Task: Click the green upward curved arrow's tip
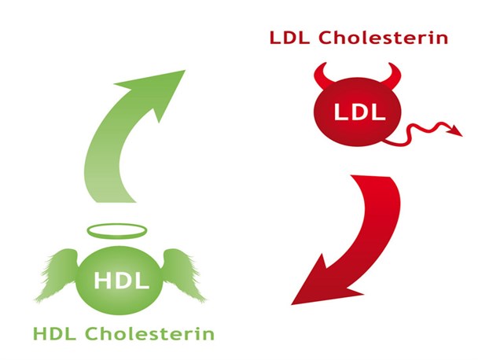tap(185, 71)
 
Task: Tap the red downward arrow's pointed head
tap(292, 304)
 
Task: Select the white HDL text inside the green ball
tap(122, 281)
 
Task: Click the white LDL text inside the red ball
tap(360, 112)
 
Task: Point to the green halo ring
tap(117, 237)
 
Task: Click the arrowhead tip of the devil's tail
tap(462, 135)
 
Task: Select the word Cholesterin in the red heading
tap(383, 38)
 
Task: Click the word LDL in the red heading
tap(289, 38)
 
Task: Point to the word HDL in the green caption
tap(54, 334)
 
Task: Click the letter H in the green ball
tap(103, 281)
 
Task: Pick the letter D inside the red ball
tap(360, 112)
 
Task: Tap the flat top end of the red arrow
tap(370, 176)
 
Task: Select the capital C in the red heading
tap(326, 38)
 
